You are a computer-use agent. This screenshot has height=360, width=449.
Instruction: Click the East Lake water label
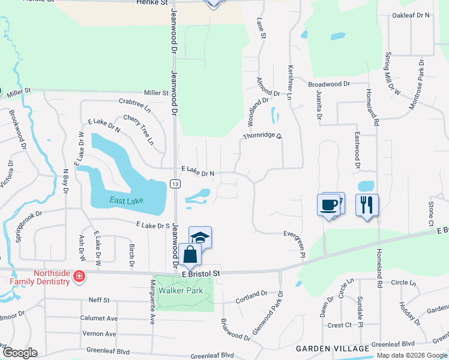click(x=127, y=200)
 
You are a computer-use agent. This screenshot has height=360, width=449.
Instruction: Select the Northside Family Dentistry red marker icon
click(x=79, y=277)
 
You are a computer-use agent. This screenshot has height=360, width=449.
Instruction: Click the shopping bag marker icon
click(x=190, y=254)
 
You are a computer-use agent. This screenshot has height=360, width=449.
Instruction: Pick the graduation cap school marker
click(x=200, y=238)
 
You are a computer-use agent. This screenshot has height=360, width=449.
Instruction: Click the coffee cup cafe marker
click(x=329, y=205)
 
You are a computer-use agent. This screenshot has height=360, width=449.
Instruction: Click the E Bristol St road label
click(x=202, y=274)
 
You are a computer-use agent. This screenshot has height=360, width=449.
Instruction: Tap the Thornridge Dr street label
click(x=262, y=136)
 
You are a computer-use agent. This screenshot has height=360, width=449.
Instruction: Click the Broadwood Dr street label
click(x=329, y=85)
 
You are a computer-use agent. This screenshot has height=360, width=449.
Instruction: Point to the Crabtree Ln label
click(x=135, y=103)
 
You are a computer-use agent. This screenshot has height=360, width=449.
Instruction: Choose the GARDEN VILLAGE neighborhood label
click(x=331, y=349)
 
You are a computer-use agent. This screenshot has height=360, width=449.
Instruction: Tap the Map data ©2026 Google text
click(x=412, y=355)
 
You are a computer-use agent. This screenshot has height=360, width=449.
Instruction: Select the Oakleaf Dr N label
click(x=411, y=14)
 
